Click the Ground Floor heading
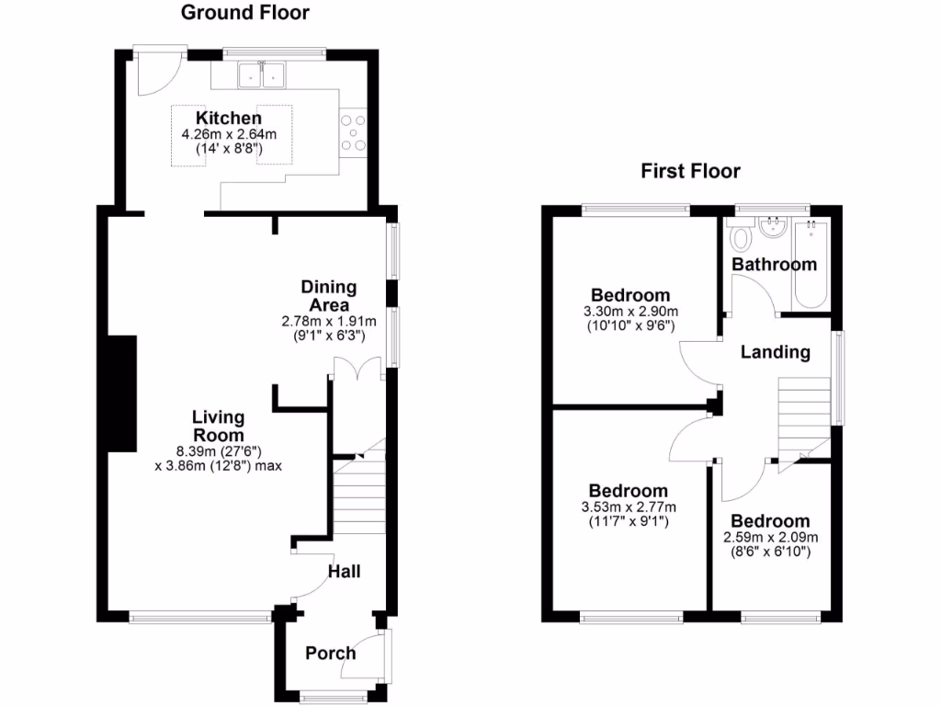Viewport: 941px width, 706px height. [x=244, y=13]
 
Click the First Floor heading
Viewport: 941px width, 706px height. [x=690, y=171]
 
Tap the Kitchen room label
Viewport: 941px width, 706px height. [x=228, y=119]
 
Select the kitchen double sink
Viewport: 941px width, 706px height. [x=263, y=74]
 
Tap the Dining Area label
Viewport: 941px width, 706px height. [x=329, y=296]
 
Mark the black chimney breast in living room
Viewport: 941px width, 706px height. [x=121, y=393]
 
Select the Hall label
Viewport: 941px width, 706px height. [x=345, y=572]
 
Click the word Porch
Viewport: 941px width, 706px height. [x=330, y=654]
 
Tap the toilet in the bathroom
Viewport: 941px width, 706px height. [x=740, y=237]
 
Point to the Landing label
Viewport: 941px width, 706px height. [x=776, y=352]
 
